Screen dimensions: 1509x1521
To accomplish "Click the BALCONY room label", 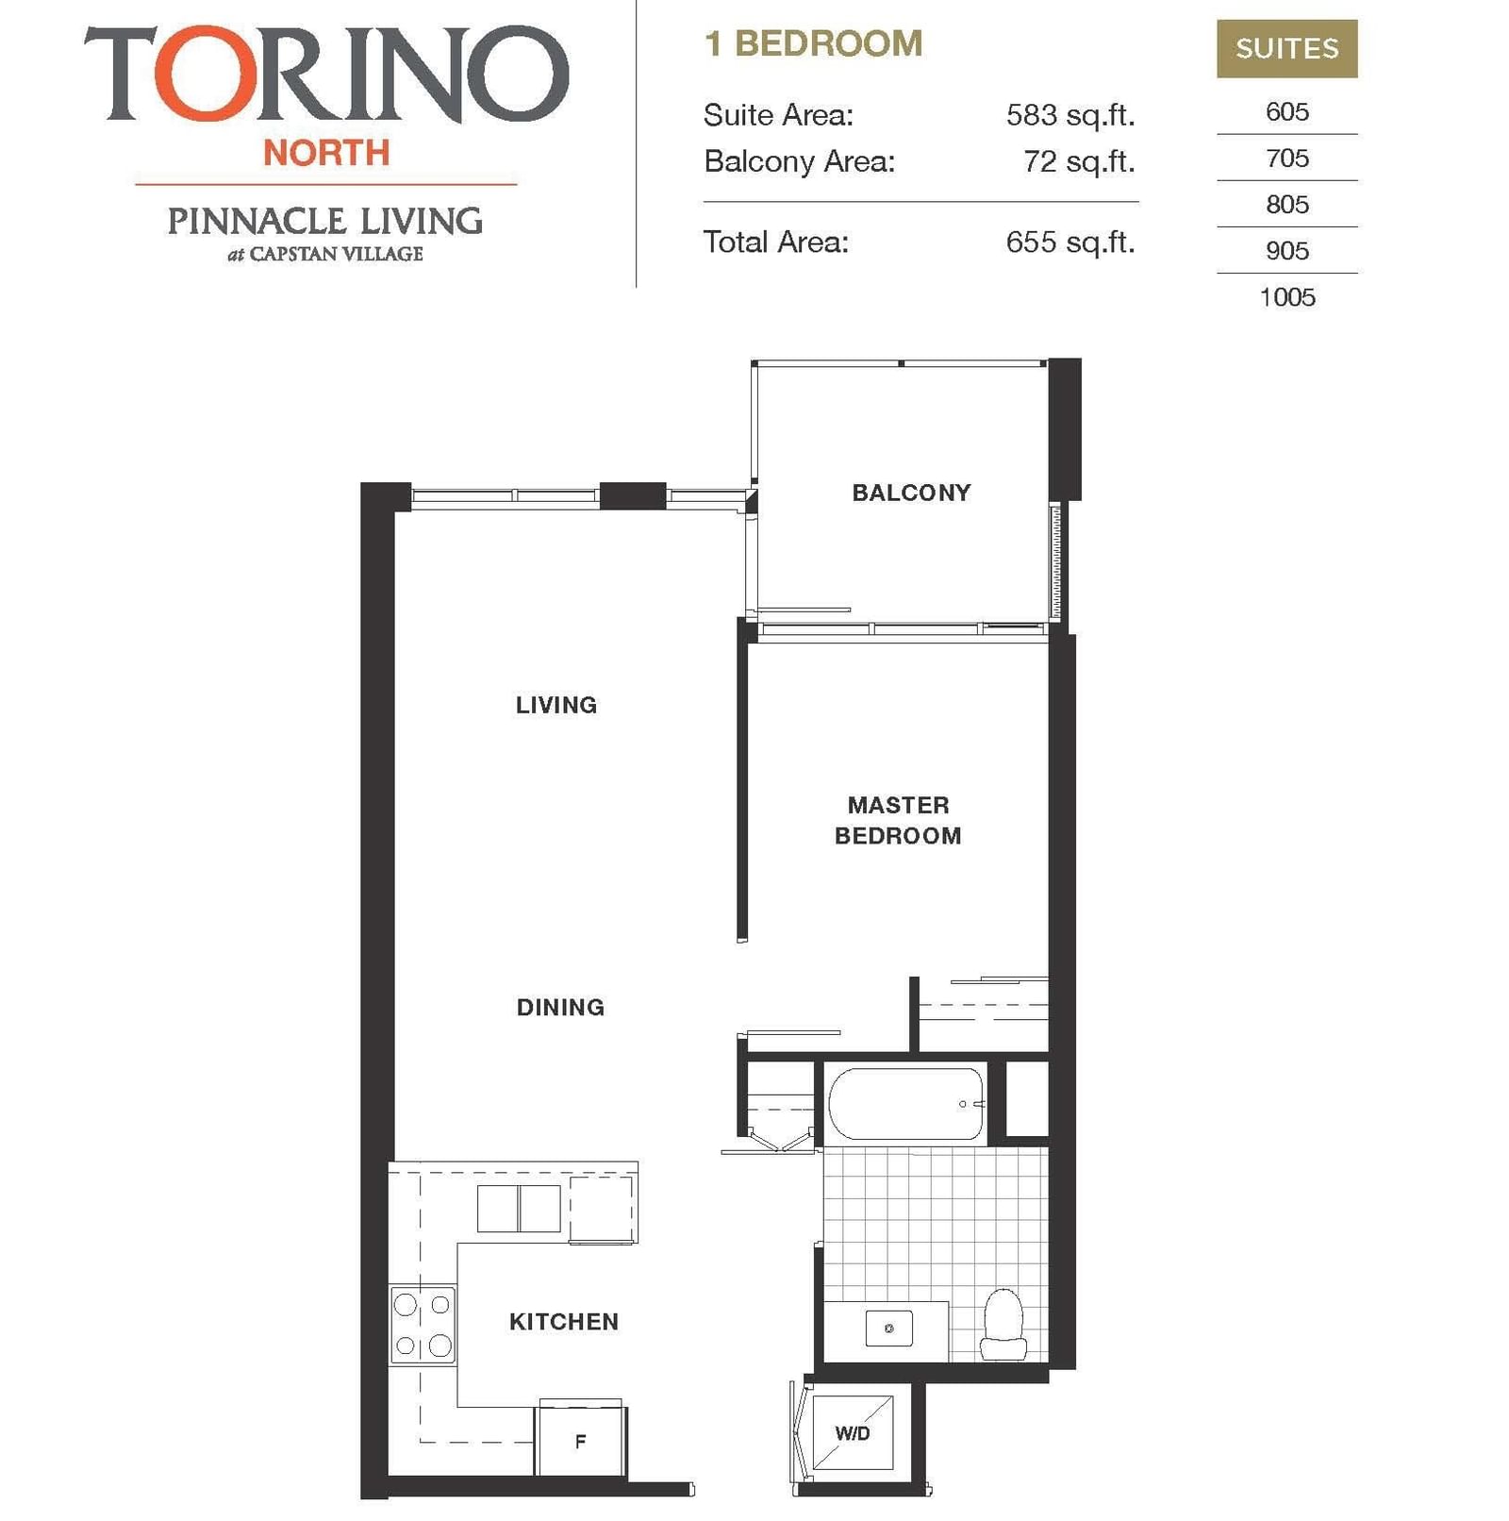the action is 911,493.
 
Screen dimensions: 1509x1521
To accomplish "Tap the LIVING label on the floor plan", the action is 556,705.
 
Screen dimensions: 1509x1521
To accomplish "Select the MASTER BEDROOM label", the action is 898,820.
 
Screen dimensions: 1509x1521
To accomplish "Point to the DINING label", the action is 560,1007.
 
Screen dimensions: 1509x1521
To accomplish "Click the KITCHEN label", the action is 564,1322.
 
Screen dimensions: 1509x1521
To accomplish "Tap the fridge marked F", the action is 580,1440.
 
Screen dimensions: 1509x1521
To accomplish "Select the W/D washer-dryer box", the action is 854,1433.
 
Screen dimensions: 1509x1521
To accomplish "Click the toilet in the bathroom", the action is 1003,1324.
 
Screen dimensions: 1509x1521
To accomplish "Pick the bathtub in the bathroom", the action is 906,1104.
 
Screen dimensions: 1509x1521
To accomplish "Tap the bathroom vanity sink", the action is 888,1329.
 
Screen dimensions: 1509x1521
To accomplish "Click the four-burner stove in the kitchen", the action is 423,1326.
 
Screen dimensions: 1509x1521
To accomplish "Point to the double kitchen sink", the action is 519,1209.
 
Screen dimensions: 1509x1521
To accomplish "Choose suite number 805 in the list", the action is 1287,205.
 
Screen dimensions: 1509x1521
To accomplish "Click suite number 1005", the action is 1287,297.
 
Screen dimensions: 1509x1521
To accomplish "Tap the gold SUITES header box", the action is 1287,48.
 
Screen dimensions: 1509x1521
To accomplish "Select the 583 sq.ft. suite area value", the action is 1070,115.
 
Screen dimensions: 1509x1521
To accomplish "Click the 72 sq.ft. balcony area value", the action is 1079,161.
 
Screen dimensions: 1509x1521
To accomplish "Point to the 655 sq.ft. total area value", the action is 1070,242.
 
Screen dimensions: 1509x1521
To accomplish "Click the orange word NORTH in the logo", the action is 326,153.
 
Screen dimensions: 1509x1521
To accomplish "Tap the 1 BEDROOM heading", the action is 814,43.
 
